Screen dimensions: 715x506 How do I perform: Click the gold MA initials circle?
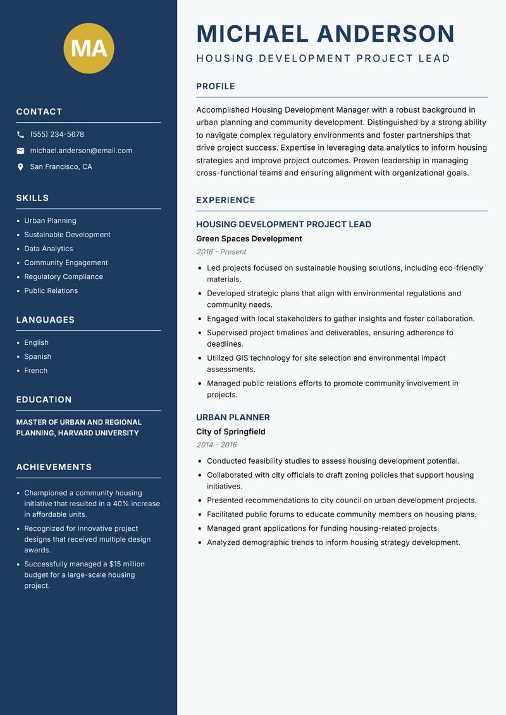pos(89,48)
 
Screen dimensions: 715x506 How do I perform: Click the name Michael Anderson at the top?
pos(326,34)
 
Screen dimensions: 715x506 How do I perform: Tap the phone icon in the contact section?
pos(20,135)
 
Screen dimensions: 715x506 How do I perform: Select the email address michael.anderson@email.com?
pos(81,151)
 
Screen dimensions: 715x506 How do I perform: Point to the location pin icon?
pos(20,167)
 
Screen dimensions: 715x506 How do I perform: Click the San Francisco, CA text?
pos(61,167)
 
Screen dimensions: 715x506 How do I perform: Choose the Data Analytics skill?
pos(49,249)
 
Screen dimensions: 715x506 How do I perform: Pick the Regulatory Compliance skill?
pos(63,277)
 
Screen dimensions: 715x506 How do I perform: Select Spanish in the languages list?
pos(38,357)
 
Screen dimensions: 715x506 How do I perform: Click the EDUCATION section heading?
pos(44,400)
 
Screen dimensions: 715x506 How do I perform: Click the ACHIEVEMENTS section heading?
pos(54,467)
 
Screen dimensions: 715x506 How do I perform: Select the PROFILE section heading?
pos(215,87)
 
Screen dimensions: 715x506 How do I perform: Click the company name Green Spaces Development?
pos(249,239)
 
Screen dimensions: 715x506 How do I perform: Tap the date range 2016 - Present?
pos(221,252)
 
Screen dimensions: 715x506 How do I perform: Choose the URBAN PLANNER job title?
pos(233,418)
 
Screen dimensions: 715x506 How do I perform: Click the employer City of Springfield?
pos(230,432)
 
